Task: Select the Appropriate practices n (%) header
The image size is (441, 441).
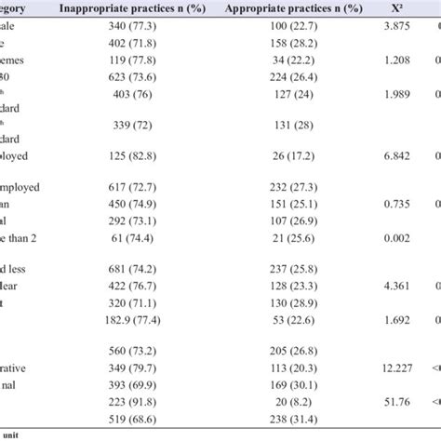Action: [287, 10]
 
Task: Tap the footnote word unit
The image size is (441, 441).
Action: [13, 434]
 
